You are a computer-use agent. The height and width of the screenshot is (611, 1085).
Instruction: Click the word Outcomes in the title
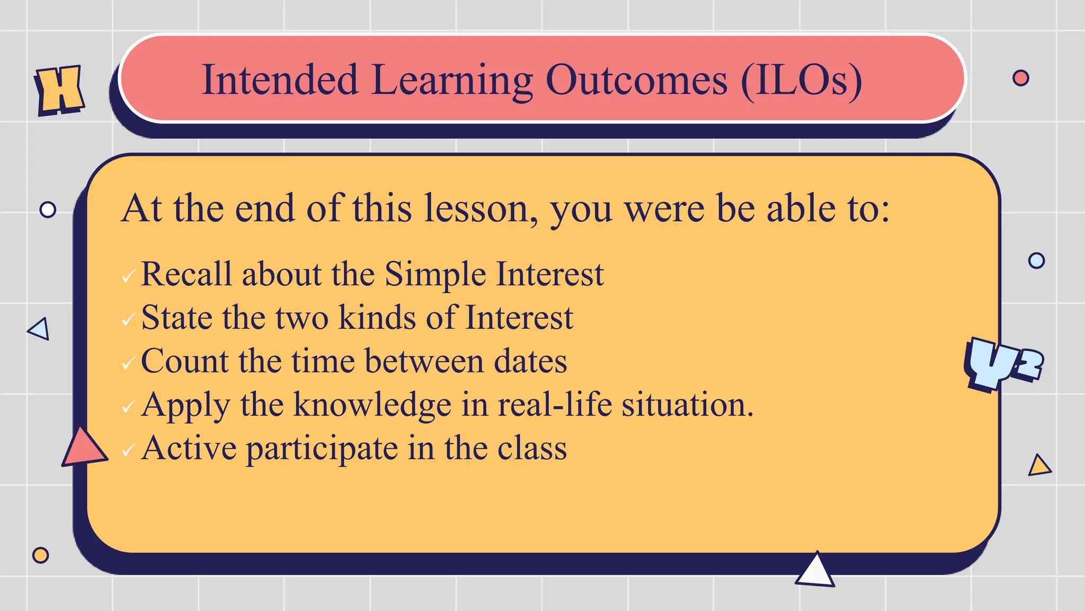click(636, 80)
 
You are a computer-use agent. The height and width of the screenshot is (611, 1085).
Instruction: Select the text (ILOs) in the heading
click(801, 80)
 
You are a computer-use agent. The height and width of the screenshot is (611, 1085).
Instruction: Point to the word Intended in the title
click(280, 80)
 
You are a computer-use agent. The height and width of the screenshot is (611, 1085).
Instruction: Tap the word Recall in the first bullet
click(186, 274)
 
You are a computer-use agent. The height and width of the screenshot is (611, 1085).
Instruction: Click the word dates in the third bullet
click(530, 361)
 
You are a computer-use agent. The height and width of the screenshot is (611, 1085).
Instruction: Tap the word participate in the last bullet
click(322, 449)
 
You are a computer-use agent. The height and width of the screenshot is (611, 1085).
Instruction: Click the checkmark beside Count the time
click(128, 364)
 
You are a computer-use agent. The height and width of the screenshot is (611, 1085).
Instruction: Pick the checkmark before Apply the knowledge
click(128, 407)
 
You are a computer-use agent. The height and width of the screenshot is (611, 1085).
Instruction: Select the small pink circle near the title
click(1020, 78)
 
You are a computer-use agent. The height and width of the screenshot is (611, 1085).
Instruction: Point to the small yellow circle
click(40, 555)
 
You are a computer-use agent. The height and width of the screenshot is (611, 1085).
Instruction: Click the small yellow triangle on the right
click(1039, 466)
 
